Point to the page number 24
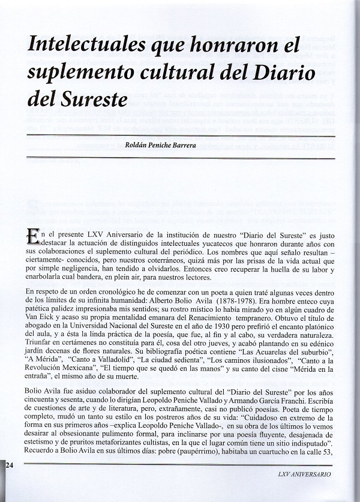11,465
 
